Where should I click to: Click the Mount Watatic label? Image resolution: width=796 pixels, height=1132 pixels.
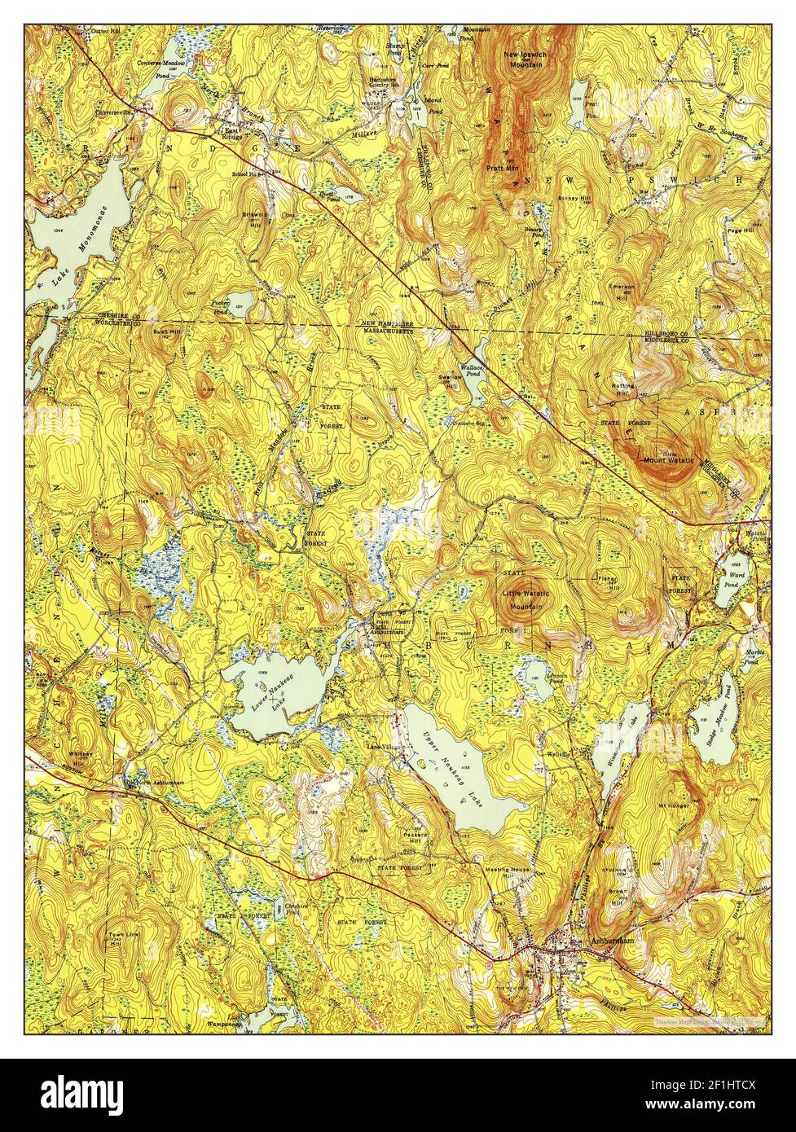pyautogui.click(x=668, y=460)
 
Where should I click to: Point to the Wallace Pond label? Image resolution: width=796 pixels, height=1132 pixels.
pyautogui.click(x=474, y=371)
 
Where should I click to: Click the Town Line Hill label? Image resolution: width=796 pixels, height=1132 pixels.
pyautogui.click(x=118, y=939)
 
